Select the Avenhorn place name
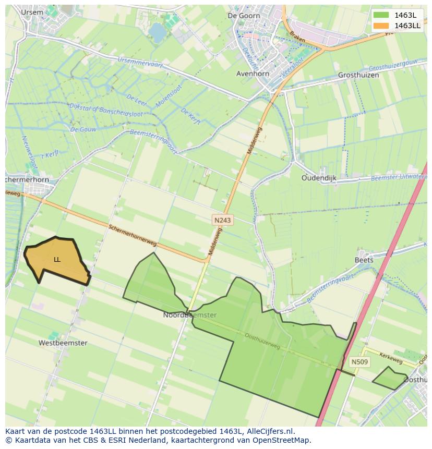[x=253, y=74]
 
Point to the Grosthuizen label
[x=357, y=75]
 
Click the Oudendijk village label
[x=319, y=178]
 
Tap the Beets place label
[x=364, y=260]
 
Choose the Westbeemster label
[x=63, y=343]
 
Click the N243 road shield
[x=222, y=221]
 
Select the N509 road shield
[x=359, y=362]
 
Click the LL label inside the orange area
[x=57, y=259]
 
